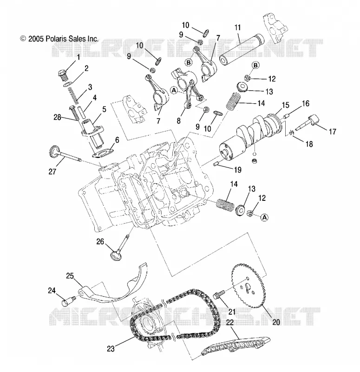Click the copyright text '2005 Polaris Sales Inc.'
[63, 39]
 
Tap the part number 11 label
[237, 27]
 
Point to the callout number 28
[57, 117]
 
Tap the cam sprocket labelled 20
[250, 286]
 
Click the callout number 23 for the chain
[111, 349]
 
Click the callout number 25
[70, 276]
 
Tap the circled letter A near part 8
[174, 90]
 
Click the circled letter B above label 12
[255, 65]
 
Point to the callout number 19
[237, 170]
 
